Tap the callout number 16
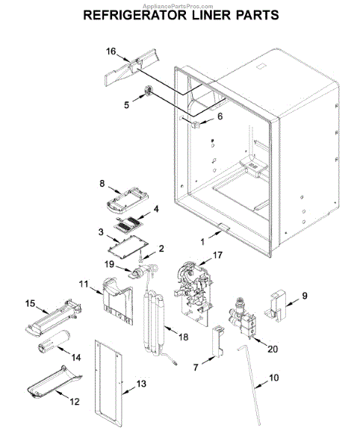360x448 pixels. [x=111, y=52]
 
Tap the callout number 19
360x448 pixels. [x=109, y=264]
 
